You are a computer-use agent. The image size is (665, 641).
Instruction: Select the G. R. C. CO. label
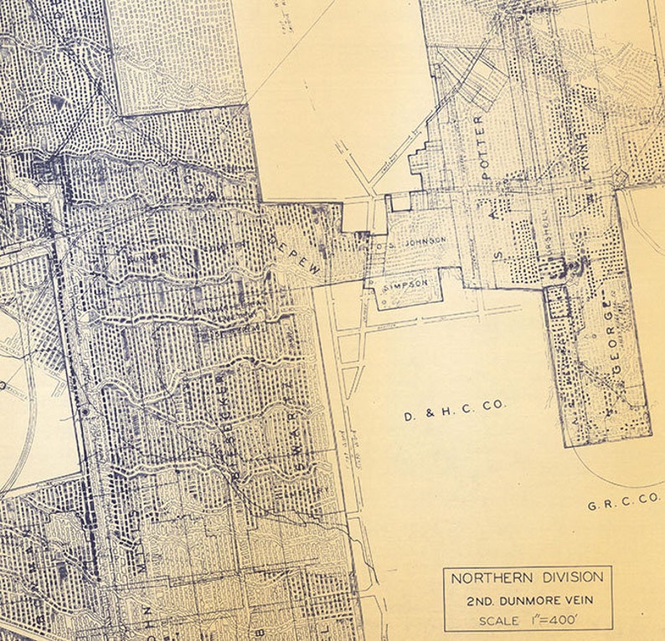point(623,505)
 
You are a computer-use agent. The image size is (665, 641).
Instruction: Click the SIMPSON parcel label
point(405,284)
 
